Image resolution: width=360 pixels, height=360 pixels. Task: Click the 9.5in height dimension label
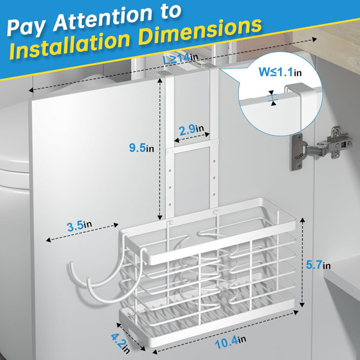coord(142,148)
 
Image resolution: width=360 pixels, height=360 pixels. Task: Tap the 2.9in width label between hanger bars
coord(191,130)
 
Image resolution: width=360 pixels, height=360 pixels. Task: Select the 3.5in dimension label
coord(79,226)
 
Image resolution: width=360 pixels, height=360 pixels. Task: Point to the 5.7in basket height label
coord(318,265)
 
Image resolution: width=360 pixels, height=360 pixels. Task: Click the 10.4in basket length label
coord(230,342)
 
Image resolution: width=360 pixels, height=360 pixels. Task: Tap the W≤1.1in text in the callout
coord(280,72)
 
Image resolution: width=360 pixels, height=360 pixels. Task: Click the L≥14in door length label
coord(181,58)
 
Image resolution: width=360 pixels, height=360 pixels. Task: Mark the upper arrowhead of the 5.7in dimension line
coord(302,220)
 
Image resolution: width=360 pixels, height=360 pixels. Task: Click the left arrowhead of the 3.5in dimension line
coord(48,240)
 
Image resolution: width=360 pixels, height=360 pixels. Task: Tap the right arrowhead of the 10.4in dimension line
coord(296,312)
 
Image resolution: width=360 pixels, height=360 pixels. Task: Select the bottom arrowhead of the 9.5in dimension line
coord(160,217)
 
